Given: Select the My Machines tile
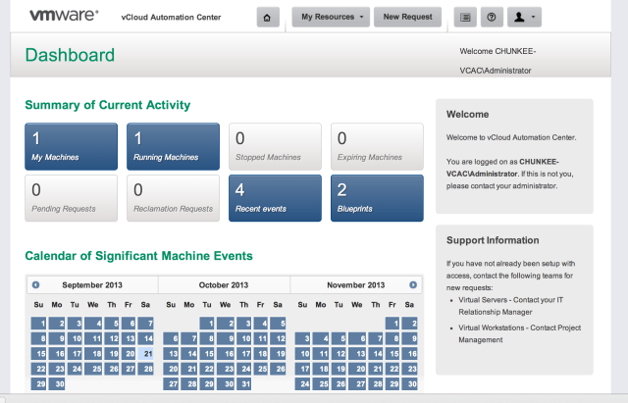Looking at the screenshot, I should coord(71,146).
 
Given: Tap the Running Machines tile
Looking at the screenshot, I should coord(173,146).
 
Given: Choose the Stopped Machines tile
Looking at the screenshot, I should coord(274,146).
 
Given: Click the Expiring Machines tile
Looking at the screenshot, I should coord(376,146).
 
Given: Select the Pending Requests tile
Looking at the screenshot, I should coord(71,197).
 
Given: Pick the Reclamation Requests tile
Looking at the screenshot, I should coord(173,197).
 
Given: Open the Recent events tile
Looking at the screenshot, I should coord(274,197).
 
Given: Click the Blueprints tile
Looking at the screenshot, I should coord(376,197).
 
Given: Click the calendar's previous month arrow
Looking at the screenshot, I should coord(35,284).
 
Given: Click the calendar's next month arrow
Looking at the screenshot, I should coord(413,284).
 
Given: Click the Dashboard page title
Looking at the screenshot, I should coord(70,55).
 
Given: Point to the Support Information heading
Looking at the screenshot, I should coord(492,240).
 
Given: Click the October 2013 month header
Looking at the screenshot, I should coord(225,284).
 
